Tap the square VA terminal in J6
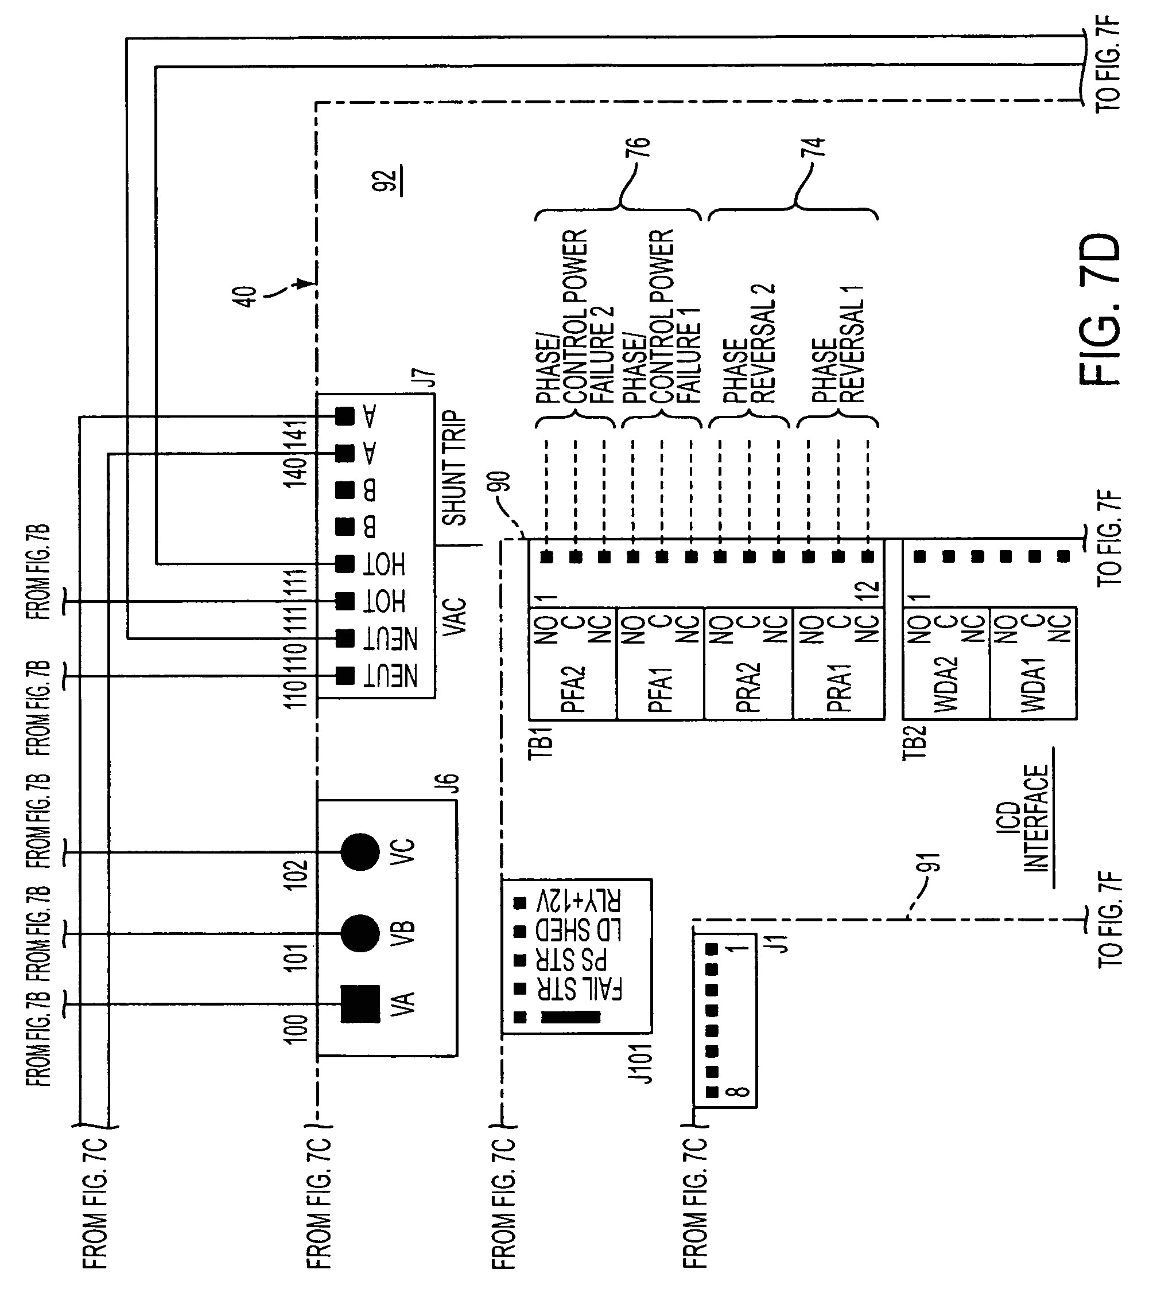(360, 1004)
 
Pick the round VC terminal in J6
(360, 852)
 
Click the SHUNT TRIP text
(453, 469)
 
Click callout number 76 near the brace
(641, 147)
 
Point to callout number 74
(817, 147)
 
